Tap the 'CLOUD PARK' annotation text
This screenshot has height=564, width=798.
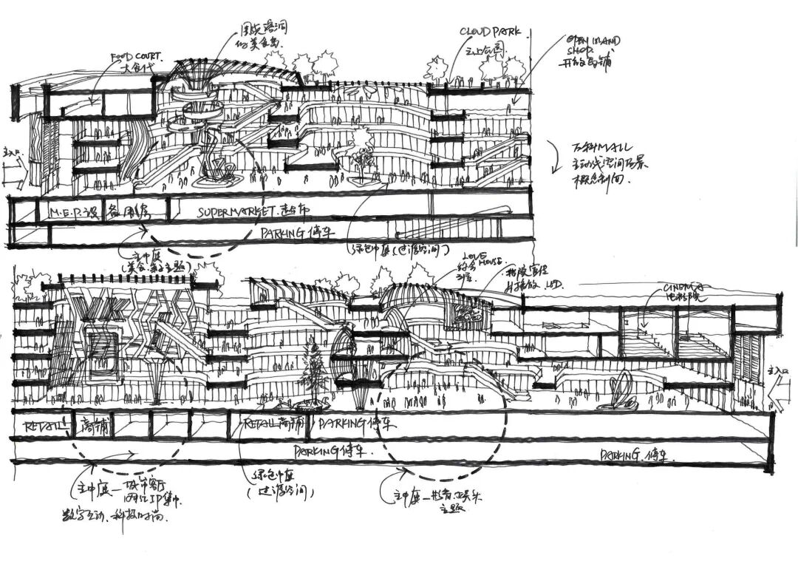491,32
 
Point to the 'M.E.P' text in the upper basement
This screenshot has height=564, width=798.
66,212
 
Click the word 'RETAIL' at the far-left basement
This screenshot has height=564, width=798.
41,426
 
